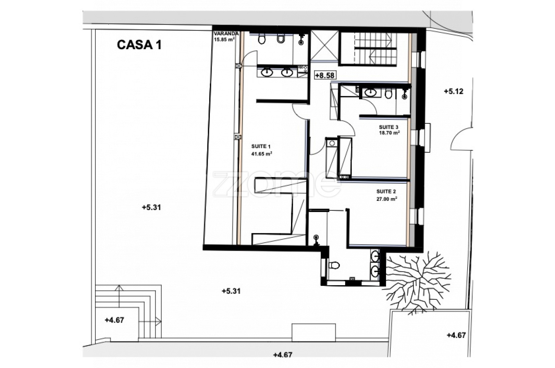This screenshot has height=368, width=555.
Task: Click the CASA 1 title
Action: [x=139, y=45]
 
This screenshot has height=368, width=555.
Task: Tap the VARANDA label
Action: [x=226, y=34]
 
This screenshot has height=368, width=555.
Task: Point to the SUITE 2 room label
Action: [x=386, y=192]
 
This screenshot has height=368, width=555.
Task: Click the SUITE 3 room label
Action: [x=388, y=127]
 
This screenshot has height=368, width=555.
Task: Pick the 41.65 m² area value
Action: [x=262, y=154]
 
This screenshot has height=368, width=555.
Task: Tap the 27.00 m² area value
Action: [x=387, y=199]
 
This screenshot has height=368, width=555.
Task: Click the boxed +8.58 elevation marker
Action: [x=325, y=75]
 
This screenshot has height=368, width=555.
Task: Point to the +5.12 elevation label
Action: [x=453, y=91]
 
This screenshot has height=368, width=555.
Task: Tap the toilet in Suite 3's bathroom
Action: [x=388, y=94]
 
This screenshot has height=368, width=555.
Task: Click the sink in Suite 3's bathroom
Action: [x=371, y=93]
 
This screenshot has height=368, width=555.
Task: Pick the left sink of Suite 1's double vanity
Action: [x=267, y=72]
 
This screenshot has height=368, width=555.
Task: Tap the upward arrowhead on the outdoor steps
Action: [x=119, y=288]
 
